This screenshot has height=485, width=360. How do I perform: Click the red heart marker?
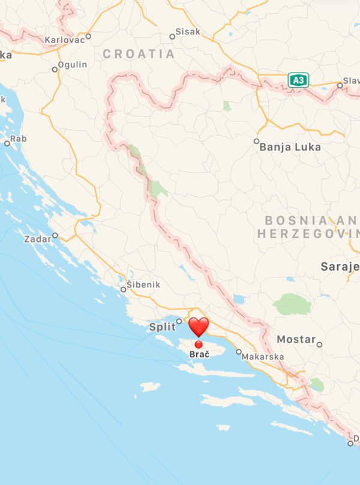(199, 327)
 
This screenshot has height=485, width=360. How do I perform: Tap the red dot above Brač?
(199, 344)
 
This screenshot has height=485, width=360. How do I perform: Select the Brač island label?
(199, 355)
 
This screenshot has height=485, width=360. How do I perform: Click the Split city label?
(162, 327)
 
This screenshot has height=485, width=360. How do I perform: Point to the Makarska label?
(263, 357)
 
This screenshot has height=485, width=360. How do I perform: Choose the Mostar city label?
(296, 340)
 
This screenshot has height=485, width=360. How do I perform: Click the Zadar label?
(37, 239)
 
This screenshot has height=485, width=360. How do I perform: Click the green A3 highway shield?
(298, 80)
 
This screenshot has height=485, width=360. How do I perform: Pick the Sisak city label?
(188, 32)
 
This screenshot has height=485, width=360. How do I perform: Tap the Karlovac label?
(64, 41)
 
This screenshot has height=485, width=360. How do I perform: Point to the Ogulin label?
(73, 65)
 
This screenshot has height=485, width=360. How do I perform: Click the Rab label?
(19, 139)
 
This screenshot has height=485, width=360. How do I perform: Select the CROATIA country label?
(139, 54)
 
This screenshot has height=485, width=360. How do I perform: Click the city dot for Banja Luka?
(257, 142)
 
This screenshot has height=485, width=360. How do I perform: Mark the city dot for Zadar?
(55, 235)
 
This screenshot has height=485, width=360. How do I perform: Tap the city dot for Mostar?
(319, 345)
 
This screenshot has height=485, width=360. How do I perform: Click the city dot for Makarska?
(238, 352)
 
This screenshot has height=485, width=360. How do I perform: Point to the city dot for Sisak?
(172, 37)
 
